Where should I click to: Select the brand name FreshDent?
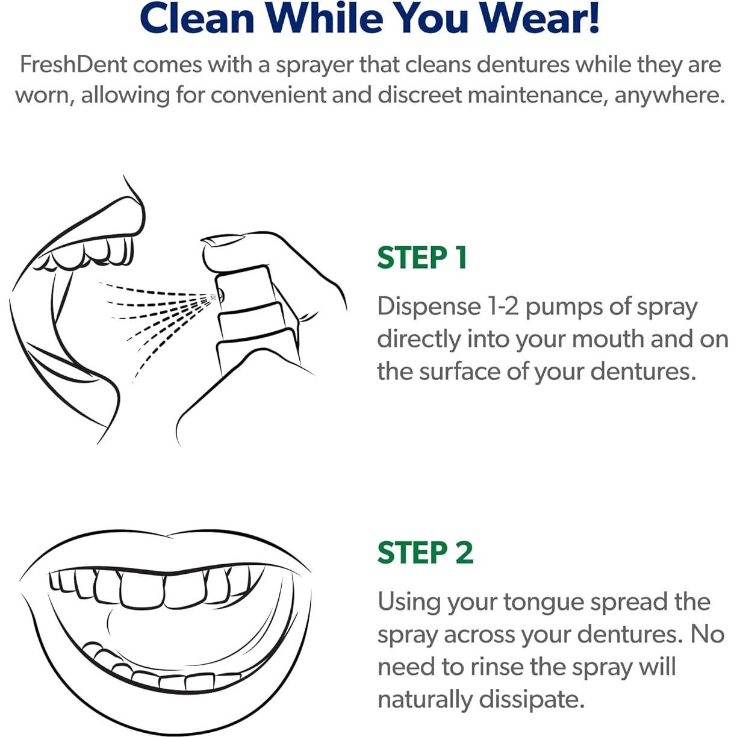73,64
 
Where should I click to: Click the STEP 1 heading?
422,258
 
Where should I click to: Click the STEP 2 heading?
425,553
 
